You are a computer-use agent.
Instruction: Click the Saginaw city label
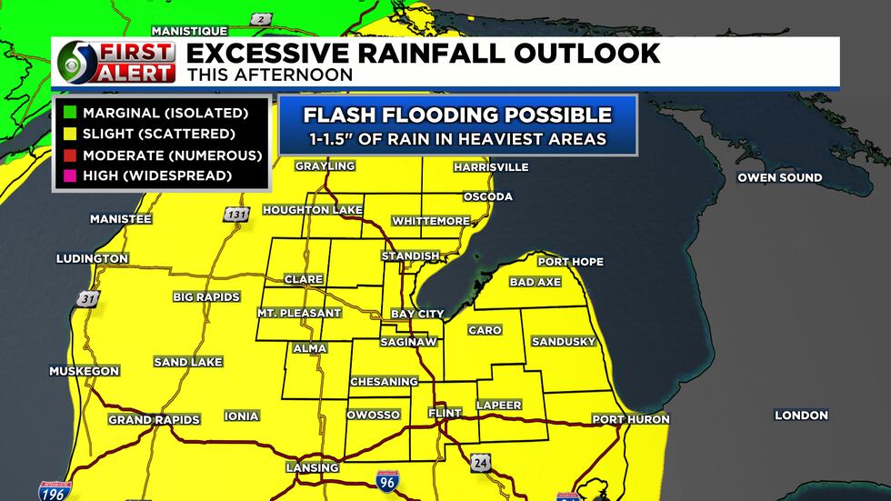coord(414,342)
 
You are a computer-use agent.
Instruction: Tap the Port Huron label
coord(630,419)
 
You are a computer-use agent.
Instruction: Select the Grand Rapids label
coord(154,419)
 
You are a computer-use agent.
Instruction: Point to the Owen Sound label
coord(779,177)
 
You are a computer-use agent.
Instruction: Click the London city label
coord(801,415)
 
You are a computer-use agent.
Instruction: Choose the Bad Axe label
coord(535,282)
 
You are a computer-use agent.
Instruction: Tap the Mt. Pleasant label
coord(298,313)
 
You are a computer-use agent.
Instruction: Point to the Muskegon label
coord(84,371)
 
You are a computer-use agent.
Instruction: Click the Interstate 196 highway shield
coord(51,490)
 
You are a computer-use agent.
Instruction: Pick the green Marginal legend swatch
coord(68,114)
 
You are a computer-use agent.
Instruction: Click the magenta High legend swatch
coord(68,175)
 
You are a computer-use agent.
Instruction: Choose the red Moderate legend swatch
coord(68,155)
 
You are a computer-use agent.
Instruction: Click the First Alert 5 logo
coord(115,62)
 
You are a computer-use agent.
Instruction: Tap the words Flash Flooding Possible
coord(457,115)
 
